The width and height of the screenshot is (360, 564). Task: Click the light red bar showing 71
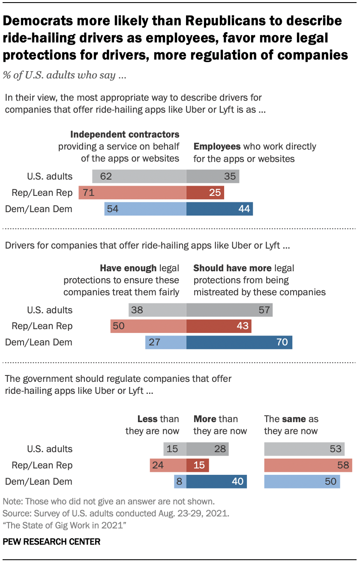coord(132,192)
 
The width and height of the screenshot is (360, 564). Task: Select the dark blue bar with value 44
coord(219,209)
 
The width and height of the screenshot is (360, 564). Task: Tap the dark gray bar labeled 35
coord(213,176)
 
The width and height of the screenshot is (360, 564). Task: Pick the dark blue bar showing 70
coord(239,342)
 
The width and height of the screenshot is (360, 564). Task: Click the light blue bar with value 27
coord(166,342)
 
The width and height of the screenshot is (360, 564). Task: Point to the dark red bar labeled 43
coord(219,326)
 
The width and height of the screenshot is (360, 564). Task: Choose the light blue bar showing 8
coord(180,481)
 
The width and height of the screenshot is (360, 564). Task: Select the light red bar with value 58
coord(308,465)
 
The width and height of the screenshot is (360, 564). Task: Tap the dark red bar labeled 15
coord(198,465)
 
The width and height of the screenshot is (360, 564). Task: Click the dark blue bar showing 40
coord(216,481)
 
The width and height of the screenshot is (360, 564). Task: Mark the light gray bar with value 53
coord(304,449)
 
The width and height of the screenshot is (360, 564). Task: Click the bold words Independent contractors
coord(125,135)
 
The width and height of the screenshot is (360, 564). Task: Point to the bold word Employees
coord(217,147)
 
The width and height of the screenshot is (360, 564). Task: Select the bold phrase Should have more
coord(232,268)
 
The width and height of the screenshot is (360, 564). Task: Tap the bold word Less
coord(147,419)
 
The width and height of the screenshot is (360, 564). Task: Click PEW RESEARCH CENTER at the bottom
coord(51,542)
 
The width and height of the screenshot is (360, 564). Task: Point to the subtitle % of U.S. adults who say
coord(64,75)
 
